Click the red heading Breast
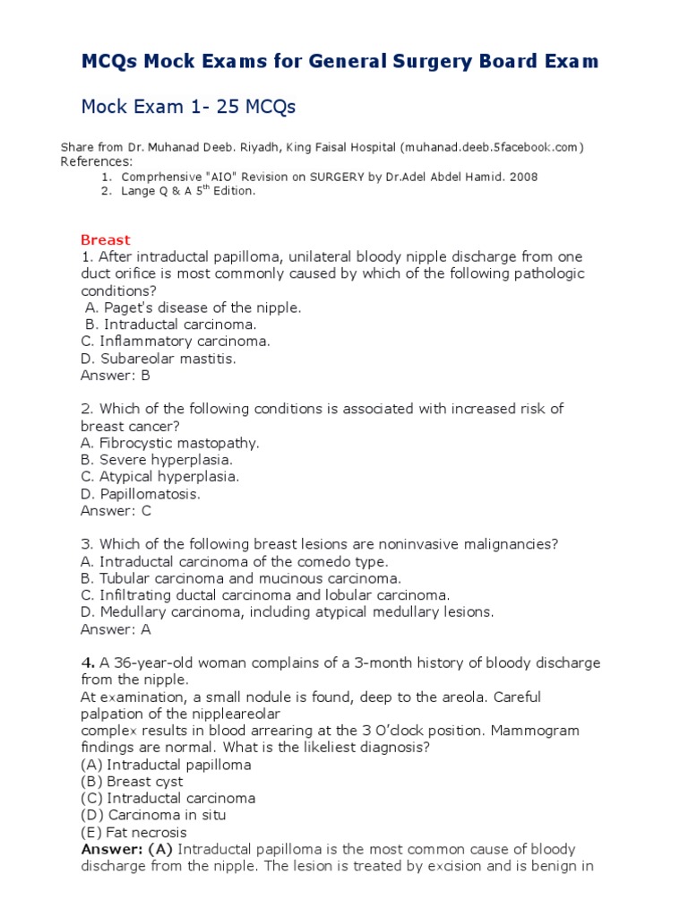point(105,239)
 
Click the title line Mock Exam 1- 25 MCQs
point(188,108)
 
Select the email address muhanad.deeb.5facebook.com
point(494,147)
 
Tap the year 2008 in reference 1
point(523,177)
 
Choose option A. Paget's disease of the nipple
point(193,307)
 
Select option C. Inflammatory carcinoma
point(175,342)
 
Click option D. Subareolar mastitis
point(159,359)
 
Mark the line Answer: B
point(116,376)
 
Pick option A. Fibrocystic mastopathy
point(169,443)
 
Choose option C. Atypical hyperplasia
point(159,477)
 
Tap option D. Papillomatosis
point(141,494)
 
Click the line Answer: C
point(116,511)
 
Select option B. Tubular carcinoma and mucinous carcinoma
point(241,578)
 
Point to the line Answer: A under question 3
point(116,629)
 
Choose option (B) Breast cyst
point(132,782)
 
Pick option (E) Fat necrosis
point(133,832)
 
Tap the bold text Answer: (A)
point(127,849)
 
